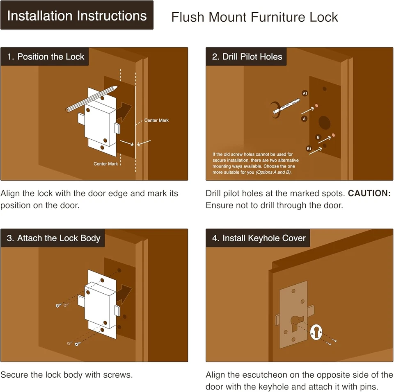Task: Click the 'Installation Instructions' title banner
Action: (x=77, y=15)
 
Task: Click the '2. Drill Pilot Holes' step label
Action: (x=246, y=57)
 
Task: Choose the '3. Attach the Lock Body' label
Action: (x=53, y=238)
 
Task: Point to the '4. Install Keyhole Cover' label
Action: (x=258, y=238)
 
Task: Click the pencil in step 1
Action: (x=92, y=99)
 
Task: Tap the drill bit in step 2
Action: (x=286, y=106)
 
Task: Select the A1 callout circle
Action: (x=305, y=93)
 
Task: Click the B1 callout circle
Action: (x=309, y=149)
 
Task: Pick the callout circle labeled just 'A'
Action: (x=304, y=119)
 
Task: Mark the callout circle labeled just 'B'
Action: (x=318, y=137)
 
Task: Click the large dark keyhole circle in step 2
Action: (x=324, y=122)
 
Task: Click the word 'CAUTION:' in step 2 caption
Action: (x=369, y=193)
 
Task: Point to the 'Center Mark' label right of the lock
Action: (x=156, y=120)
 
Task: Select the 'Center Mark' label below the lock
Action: (x=105, y=164)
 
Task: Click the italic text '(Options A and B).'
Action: (x=274, y=172)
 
